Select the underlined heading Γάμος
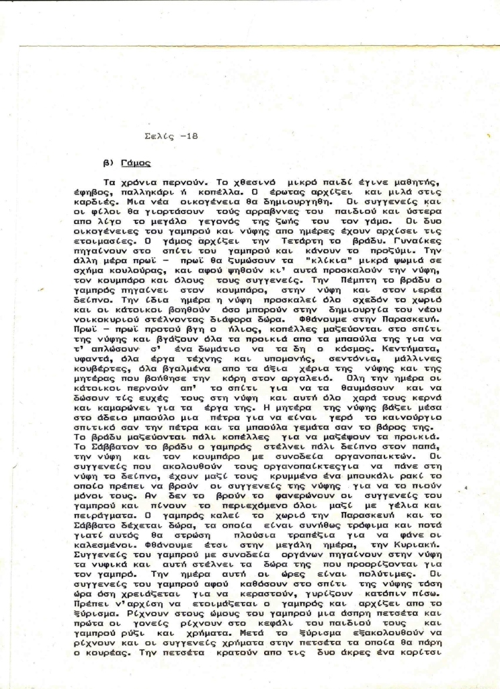pyautogui.click(x=136, y=163)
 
